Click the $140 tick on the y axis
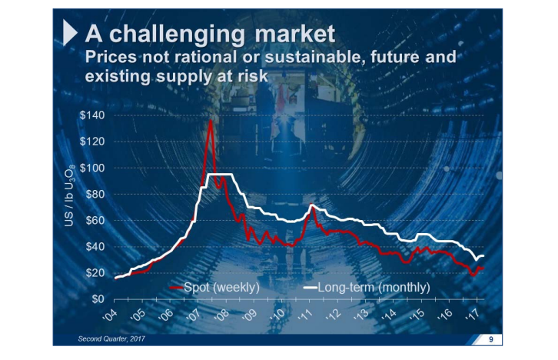pyautogui.click(x=92, y=115)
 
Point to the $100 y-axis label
pyautogui.click(x=92, y=168)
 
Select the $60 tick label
pyautogui.click(x=95, y=220)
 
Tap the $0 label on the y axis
pyautogui.click(x=98, y=298)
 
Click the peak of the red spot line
pyautogui.click(x=210, y=121)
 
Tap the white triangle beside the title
pyautogui.click(x=69, y=33)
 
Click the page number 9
pyautogui.click(x=490, y=339)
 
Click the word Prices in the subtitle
pyautogui.click(x=108, y=58)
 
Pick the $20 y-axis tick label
pyautogui.click(x=95, y=272)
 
